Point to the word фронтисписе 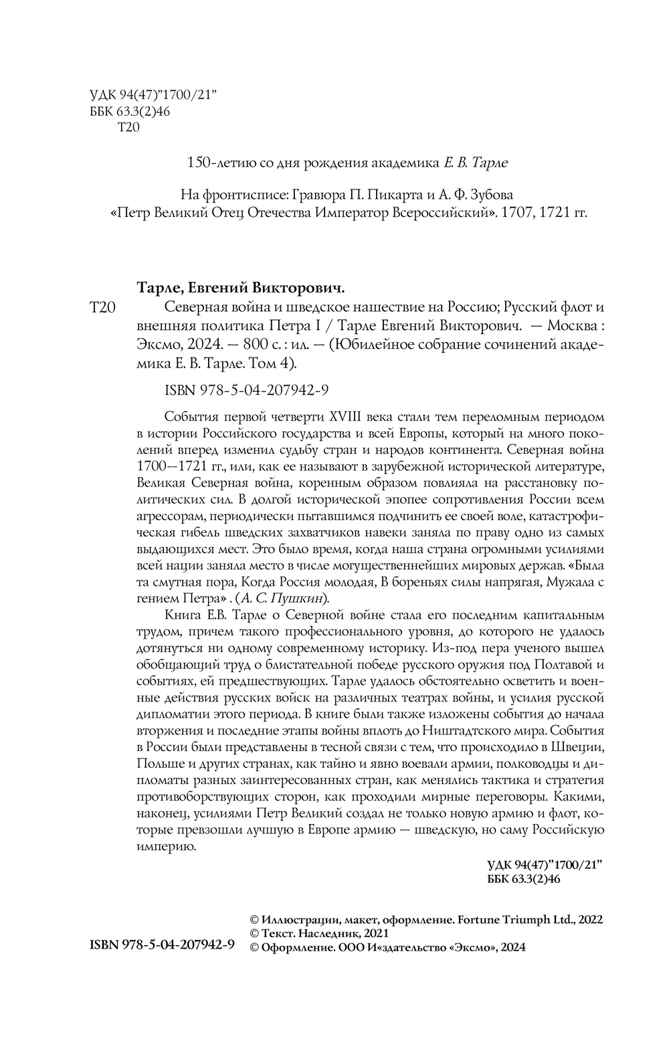point(244,195)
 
